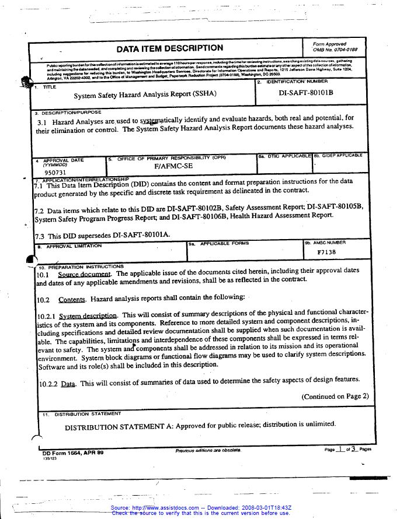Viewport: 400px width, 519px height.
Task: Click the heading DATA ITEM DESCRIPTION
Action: pos(169,48)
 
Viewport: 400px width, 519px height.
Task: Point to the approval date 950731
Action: pos(54,173)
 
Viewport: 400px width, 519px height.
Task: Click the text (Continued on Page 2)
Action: pos(335,397)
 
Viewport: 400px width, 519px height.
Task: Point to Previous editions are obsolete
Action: pos(207,451)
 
